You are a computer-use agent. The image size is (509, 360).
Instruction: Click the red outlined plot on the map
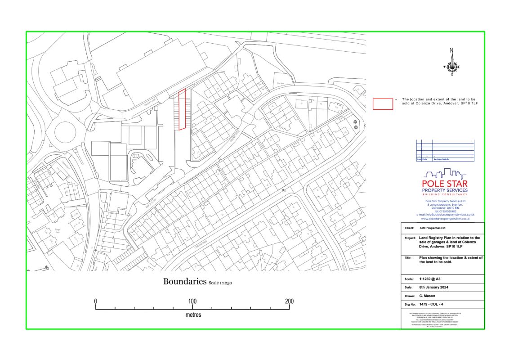click(x=182, y=109)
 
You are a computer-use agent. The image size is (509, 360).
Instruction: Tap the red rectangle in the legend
click(x=383, y=103)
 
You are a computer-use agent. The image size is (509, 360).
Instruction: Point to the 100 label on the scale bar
click(x=192, y=301)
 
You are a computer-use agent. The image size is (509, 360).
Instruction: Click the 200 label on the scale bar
click(x=289, y=301)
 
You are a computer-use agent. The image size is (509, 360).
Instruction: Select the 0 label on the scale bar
click(x=96, y=301)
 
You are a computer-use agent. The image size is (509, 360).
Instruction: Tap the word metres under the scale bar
click(x=193, y=315)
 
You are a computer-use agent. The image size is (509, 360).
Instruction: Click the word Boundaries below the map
click(x=184, y=282)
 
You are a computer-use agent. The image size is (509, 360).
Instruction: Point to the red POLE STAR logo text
click(x=445, y=184)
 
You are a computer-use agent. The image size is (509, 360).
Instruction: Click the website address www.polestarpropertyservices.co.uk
click(x=445, y=219)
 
